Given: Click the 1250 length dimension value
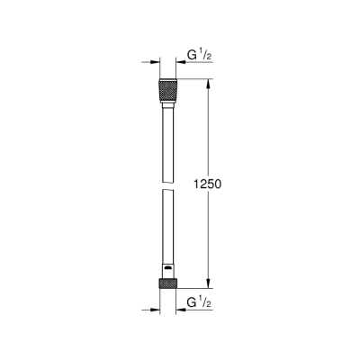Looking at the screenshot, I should click(x=207, y=184).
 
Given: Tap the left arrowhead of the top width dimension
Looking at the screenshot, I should click(x=152, y=64).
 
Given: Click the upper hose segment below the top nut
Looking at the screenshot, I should click(x=167, y=135).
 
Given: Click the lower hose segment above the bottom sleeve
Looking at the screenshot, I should click(x=167, y=225).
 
